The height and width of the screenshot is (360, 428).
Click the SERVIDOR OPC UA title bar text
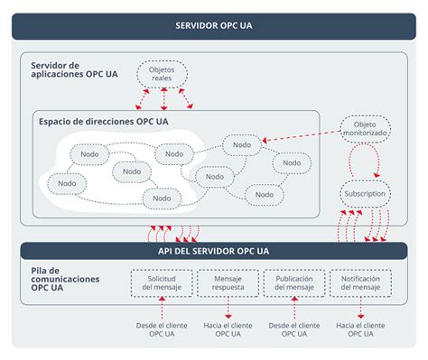click(214, 25)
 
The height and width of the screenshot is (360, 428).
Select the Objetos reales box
click(161, 72)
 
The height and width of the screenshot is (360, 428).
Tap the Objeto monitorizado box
click(366, 128)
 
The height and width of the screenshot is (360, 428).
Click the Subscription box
click(366, 193)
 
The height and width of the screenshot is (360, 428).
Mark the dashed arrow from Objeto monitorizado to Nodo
click(302, 135)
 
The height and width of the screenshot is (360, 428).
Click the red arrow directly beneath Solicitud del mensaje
click(162, 308)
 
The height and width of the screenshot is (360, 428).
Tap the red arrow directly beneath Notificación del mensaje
click(360, 308)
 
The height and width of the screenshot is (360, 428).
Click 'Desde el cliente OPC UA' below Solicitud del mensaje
click(162, 329)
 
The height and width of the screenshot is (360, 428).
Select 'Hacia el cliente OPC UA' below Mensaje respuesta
click(228, 329)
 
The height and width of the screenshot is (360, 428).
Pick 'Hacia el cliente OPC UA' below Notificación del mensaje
click(360, 329)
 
